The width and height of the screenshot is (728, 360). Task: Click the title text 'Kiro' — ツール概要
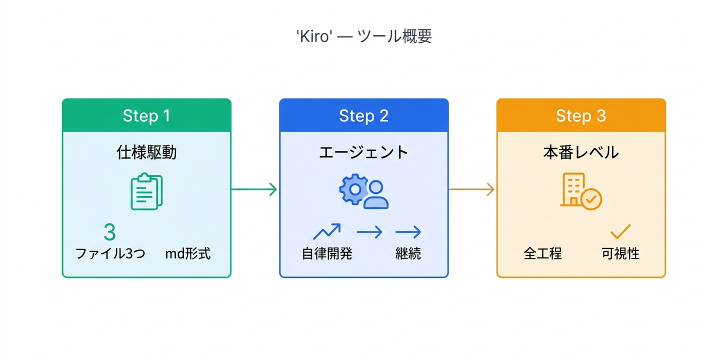363,36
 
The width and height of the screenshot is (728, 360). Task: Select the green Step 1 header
146,115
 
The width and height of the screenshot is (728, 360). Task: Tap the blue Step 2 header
363,115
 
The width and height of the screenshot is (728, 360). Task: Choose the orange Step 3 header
580,115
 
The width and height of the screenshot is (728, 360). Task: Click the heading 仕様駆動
146,152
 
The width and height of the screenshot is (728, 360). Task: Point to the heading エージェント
363,152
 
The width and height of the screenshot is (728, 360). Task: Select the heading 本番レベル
580,152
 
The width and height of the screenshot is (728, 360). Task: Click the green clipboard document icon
146,191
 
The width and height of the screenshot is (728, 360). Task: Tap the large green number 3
109,232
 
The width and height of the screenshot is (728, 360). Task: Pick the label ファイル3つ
110,253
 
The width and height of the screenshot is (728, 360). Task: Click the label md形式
187,253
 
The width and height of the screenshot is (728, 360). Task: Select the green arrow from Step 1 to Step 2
254,189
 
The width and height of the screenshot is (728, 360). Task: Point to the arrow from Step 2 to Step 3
471,189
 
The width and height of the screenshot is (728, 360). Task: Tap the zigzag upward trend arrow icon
326,231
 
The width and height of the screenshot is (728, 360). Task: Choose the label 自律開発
326,253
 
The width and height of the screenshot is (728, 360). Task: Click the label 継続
408,253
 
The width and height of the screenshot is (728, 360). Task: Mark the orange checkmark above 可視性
620,231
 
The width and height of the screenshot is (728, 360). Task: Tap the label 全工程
542,253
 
